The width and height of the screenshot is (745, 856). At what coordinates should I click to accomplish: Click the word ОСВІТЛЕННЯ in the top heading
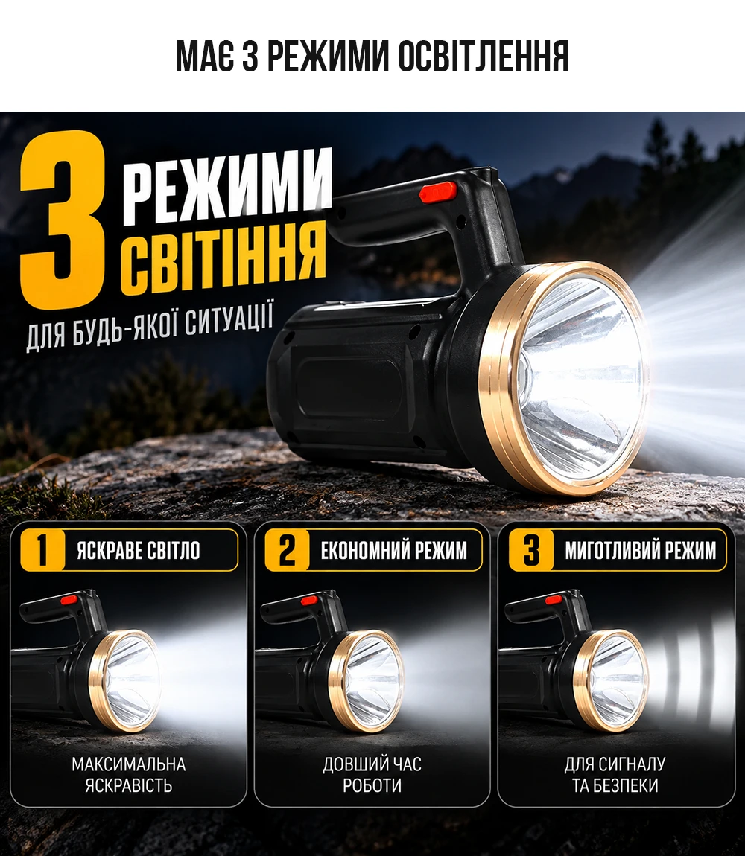[x=484, y=57]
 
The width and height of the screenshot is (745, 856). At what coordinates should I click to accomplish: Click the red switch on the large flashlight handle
[x=438, y=192]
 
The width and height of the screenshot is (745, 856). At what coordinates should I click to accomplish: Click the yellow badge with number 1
[x=42, y=550]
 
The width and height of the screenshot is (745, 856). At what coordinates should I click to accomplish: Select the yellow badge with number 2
[x=287, y=550]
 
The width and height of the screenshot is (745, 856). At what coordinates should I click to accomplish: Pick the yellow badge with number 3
[x=530, y=550]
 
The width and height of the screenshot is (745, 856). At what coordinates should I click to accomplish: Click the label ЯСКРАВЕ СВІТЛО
[x=139, y=551]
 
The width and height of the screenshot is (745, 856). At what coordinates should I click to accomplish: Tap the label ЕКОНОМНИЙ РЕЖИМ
[x=394, y=551]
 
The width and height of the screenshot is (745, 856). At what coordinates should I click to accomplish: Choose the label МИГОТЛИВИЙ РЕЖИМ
[x=641, y=551]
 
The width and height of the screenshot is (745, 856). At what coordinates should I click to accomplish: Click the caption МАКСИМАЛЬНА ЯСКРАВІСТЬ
[x=128, y=775]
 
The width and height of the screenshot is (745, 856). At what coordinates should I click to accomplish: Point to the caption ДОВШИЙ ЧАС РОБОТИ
[x=372, y=775]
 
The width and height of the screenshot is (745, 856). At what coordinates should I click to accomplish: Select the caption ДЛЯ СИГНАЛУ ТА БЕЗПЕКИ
[x=615, y=775]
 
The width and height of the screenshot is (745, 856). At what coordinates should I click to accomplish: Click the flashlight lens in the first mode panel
[x=131, y=681]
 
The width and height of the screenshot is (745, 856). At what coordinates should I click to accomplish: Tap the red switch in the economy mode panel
[x=309, y=600]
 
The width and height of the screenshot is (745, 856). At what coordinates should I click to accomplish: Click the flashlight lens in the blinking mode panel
[x=618, y=681]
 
